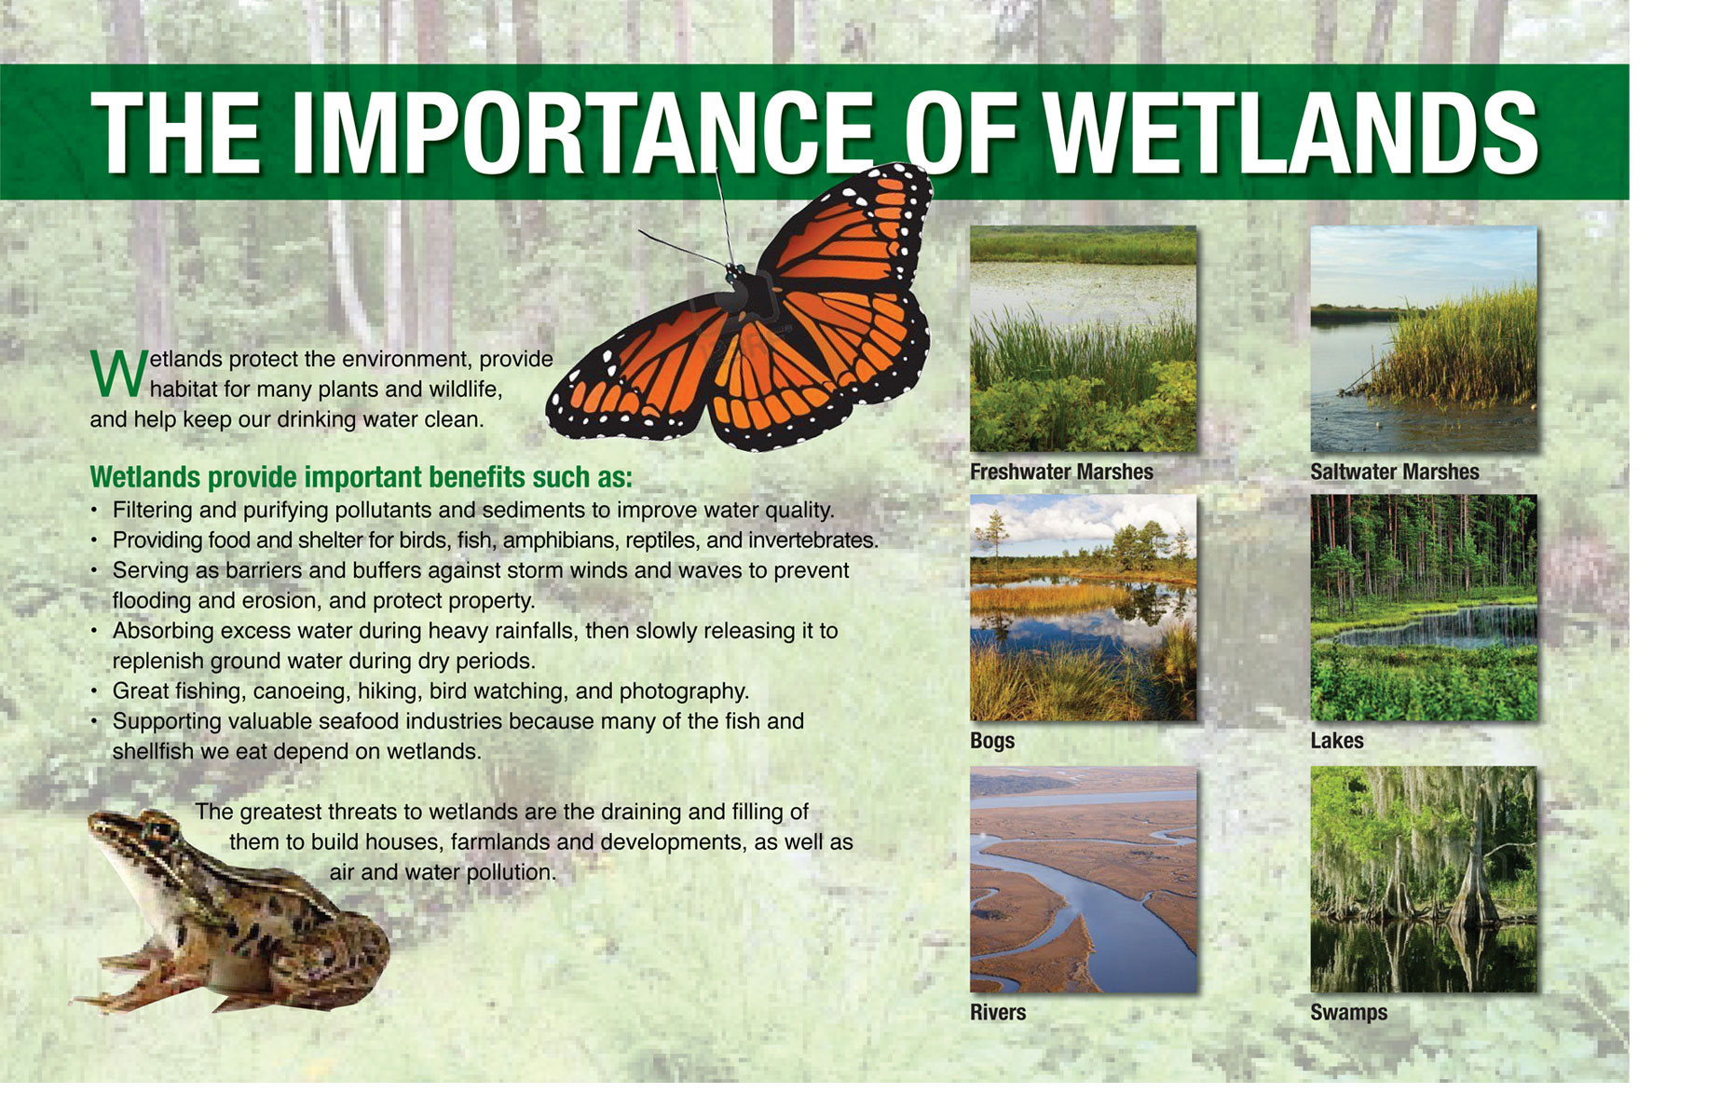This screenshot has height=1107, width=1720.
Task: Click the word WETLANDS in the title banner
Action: click(1290, 133)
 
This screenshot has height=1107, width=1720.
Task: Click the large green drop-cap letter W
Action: click(118, 373)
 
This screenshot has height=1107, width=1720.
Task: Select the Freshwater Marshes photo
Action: click(1083, 339)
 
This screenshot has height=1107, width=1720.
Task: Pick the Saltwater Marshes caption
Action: click(1394, 472)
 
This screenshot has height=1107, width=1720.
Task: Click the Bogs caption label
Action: click(992, 741)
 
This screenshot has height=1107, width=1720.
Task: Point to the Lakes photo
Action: click(1424, 608)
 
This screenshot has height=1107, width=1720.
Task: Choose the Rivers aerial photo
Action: click(1083, 880)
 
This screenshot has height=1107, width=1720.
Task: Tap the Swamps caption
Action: click(1348, 1013)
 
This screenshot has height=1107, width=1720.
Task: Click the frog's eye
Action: click(161, 827)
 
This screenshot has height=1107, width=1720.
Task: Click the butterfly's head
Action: click(736, 273)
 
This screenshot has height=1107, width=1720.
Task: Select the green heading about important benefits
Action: click(361, 477)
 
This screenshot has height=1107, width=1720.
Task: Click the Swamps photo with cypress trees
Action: click(1424, 880)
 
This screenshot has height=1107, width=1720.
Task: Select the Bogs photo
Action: click(1083, 608)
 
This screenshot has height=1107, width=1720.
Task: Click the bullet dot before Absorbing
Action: click(94, 632)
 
